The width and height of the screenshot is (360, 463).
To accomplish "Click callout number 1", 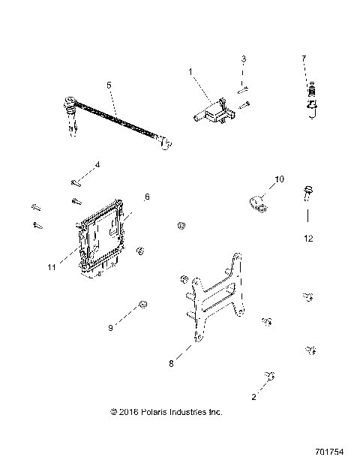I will (x=190, y=71).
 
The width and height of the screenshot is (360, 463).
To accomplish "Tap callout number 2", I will (x=253, y=397).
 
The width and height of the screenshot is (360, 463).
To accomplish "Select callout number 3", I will (x=243, y=59).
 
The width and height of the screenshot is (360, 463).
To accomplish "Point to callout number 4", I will (x=97, y=165).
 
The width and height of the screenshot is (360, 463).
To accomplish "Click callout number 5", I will (x=109, y=86).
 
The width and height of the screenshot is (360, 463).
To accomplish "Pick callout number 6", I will (x=147, y=197).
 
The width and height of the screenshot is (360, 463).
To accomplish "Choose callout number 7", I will (x=304, y=58).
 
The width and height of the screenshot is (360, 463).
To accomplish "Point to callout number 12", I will (x=307, y=238).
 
